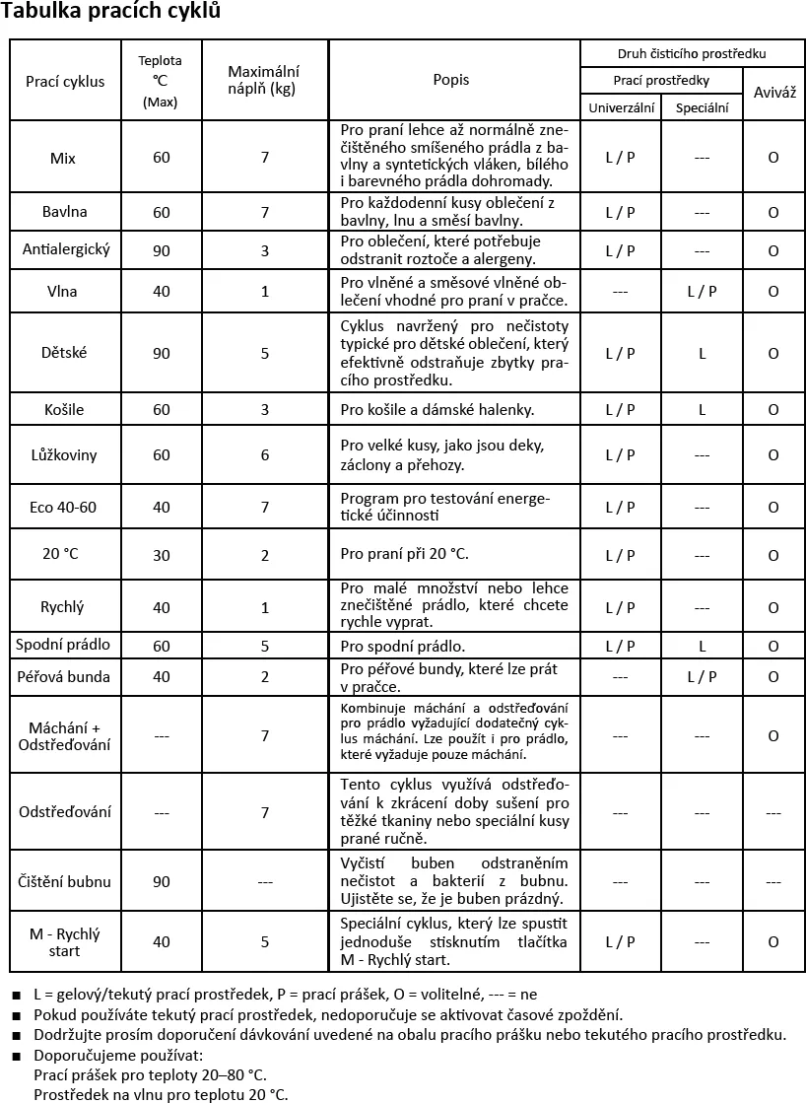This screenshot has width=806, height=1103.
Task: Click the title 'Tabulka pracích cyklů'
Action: point(110,13)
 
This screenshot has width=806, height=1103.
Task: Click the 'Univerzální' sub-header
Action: point(621,107)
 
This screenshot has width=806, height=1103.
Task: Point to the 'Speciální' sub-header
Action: point(702,107)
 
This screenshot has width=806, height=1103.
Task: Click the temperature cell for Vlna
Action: point(162,292)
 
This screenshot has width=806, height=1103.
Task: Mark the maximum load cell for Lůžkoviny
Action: point(264,455)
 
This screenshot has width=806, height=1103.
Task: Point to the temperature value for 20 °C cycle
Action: point(162,556)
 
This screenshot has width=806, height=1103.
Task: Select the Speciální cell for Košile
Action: point(702,410)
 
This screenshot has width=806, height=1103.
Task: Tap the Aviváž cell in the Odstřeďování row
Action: point(773,813)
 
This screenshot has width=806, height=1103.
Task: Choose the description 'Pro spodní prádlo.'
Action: point(402,647)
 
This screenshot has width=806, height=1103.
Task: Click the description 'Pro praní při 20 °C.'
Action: point(404,554)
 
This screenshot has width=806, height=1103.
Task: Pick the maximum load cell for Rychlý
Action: point(264,608)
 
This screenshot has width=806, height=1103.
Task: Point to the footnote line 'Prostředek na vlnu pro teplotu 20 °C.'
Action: point(161,1094)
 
